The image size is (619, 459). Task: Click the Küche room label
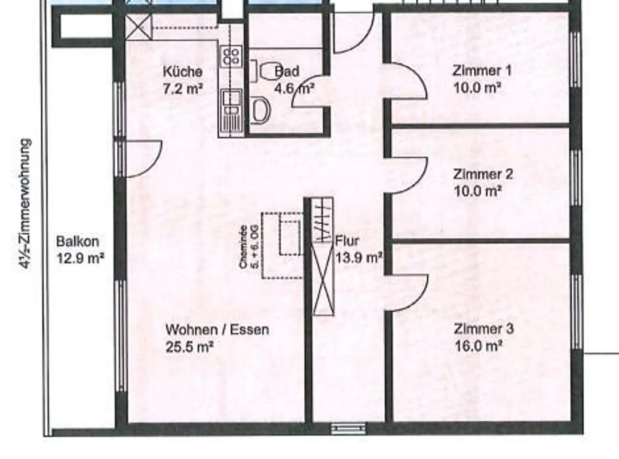point(182,71)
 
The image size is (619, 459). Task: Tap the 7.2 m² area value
point(182,89)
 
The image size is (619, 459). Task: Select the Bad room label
point(287,71)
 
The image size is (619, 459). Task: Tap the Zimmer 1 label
point(481,70)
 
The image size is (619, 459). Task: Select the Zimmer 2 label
point(483,174)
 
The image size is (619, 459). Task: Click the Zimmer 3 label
point(484,329)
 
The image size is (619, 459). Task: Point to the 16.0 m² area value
point(478,346)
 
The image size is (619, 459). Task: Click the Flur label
point(347,240)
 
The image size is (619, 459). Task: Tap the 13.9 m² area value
point(359,258)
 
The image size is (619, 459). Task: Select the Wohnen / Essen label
point(217,330)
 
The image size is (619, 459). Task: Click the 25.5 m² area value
point(190,347)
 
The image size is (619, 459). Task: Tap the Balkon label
point(77,241)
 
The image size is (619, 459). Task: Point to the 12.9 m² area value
point(80,258)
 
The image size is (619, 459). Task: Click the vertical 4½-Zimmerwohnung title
point(26,204)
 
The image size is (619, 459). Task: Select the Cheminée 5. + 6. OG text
point(249,247)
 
